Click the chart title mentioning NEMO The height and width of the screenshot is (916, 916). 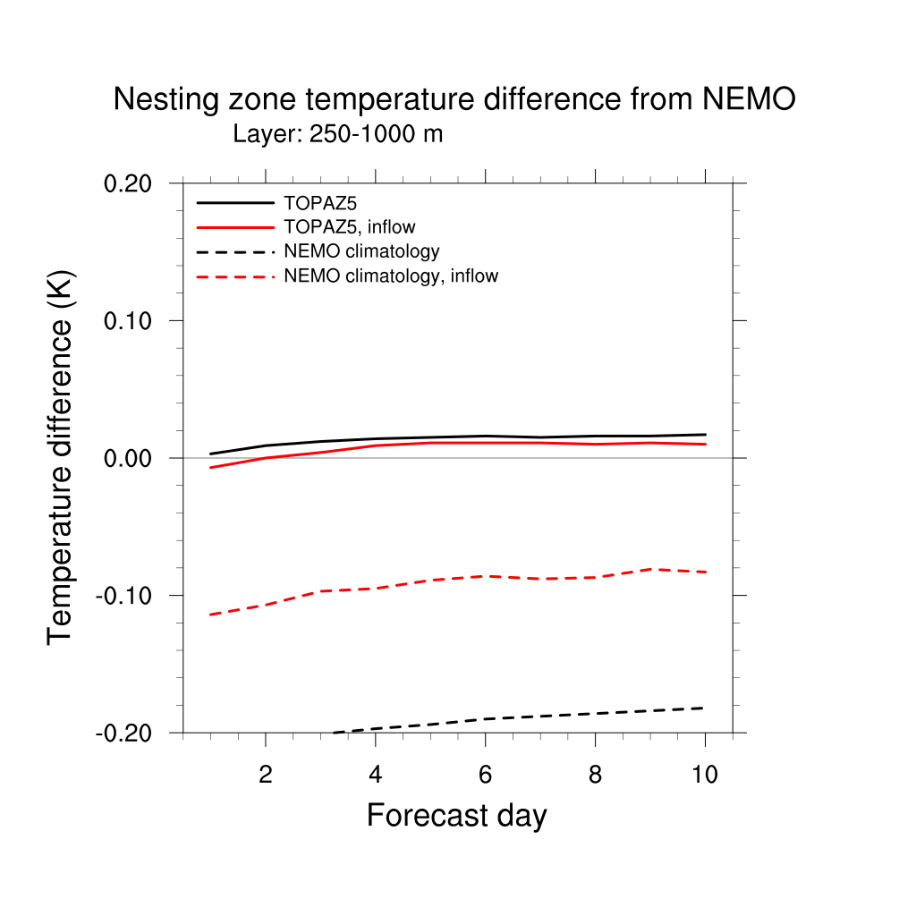click(x=454, y=99)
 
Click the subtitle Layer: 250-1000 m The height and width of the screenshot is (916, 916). click(x=338, y=135)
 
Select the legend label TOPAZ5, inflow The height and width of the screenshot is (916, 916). click(x=349, y=227)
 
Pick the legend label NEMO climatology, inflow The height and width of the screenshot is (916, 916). click(x=390, y=276)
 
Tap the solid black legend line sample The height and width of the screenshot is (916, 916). click(x=234, y=203)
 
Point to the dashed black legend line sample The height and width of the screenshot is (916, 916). click(x=234, y=252)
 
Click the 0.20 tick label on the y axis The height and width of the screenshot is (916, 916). click(x=131, y=183)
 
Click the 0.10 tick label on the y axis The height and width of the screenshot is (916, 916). click(x=131, y=320)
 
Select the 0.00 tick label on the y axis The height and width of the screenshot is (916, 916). click(x=131, y=458)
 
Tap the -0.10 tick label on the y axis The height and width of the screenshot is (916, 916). click(x=127, y=596)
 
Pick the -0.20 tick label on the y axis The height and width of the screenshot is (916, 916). click(x=127, y=733)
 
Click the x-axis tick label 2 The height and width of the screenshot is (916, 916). click(x=265, y=775)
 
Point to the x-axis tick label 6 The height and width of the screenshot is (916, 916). click(x=485, y=775)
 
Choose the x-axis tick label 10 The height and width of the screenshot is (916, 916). click(x=705, y=775)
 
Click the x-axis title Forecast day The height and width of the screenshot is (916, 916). click(x=456, y=816)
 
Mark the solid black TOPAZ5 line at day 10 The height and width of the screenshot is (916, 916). click(x=705, y=435)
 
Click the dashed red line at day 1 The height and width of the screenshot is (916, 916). click(x=210, y=615)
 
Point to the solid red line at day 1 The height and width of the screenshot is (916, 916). click(x=210, y=468)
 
